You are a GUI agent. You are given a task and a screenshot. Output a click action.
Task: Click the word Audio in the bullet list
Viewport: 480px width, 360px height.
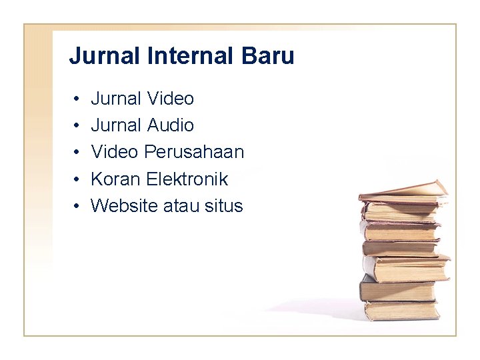(x=170, y=125)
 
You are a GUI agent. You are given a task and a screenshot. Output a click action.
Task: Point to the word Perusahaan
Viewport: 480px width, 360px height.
(x=194, y=153)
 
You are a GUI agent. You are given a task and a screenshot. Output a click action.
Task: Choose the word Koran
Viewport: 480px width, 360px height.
(x=115, y=179)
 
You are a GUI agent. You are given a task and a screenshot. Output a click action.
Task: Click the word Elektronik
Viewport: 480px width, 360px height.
(x=187, y=179)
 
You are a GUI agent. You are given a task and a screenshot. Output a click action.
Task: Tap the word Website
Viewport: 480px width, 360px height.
(x=124, y=206)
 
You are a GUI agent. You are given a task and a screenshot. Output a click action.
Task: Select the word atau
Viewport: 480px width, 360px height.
(x=181, y=206)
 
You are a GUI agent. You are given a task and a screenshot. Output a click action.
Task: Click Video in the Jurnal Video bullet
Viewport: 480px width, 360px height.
(x=170, y=99)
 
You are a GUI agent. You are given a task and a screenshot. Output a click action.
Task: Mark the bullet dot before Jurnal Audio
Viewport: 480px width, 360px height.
(x=77, y=126)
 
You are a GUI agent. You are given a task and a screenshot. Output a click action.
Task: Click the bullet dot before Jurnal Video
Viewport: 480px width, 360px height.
(x=77, y=99)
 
